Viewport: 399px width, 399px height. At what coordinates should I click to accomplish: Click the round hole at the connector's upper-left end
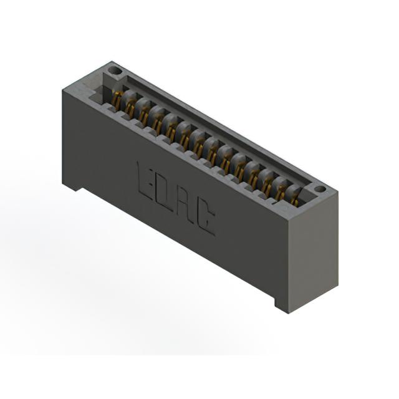115,70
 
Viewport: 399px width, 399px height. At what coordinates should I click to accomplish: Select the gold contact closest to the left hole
117,102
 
